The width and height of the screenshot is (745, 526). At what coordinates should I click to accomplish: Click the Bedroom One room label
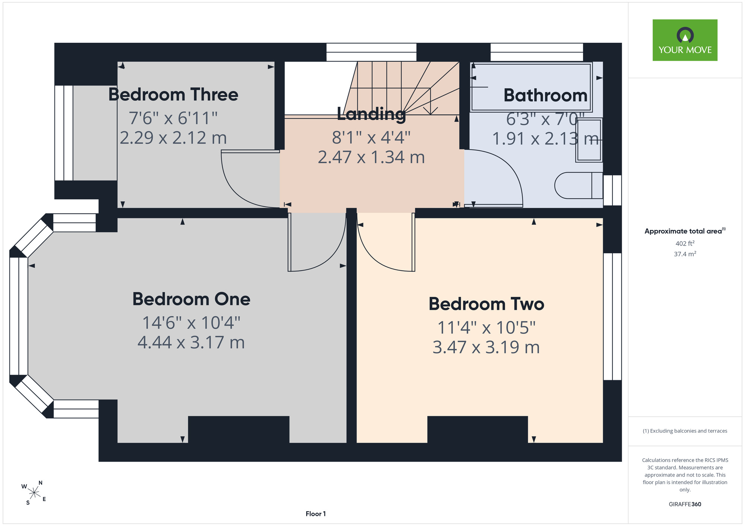pyautogui.click(x=191, y=299)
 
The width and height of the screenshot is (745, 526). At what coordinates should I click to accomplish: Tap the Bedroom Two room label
pyautogui.click(x=486, y=304)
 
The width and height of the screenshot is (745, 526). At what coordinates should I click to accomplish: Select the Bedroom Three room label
pyautogui.click(x=173, y=94)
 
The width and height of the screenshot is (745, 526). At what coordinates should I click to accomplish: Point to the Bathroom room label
pyautogui.click(x=545, y=95)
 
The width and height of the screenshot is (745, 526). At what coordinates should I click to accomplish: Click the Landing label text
pyautogui.click(x=371, y=114)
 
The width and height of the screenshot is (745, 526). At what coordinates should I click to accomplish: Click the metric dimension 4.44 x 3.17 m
pyautogui.click(x=191, y=342)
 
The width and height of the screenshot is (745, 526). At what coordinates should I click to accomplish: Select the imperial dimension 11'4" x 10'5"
pyautogui.click(x=486, y=328)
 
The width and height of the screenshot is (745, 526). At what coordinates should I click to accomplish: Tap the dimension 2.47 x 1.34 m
pyautogui.click(x=371, y=157)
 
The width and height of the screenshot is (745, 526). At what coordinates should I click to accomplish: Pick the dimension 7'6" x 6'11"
pyautogui.click(x=173, y=118)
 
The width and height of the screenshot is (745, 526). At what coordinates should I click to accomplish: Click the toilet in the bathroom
pyautogui.click(x=578, y=185)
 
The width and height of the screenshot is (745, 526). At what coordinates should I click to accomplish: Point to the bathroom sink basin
pyautogui.click(x=589, y=140)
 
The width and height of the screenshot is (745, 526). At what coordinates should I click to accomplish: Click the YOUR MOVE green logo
pyautogui.click(x=685, y=40)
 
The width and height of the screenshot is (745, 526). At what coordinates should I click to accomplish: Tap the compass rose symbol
pyautogui.click(x=34, y=493)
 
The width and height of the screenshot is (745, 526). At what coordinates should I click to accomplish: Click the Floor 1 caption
pyautogui.click(x=316, y=514)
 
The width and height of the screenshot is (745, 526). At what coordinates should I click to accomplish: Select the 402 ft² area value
pyautogui.click(x=685, y=243)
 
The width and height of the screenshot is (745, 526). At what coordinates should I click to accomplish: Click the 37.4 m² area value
pyautogui.click(x=685, y=254)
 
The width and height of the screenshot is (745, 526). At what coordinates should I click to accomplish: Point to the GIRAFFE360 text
pyautogui.click(x=685, y=504)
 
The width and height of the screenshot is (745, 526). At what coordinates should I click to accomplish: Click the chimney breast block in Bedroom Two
pyautogui.click(x=478, y=430)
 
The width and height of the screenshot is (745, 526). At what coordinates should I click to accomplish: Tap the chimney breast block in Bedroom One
pyautogui.click(x=239, y=430)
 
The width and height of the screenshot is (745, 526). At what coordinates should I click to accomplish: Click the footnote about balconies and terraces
pyautogui.click(x=685, y=431)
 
